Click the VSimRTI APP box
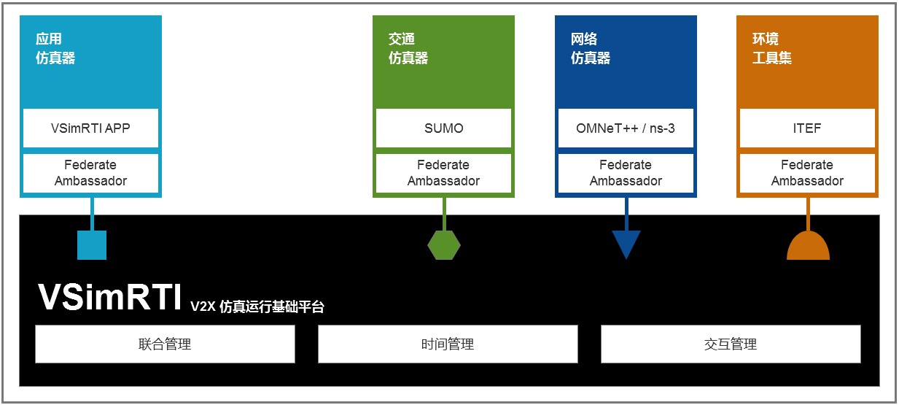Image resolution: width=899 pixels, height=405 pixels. click(90, 128)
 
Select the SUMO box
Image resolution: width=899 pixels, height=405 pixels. click(443, 128)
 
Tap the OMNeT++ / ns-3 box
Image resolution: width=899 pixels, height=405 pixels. click(625, 128)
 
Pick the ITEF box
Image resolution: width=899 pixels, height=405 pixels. click(807, 128)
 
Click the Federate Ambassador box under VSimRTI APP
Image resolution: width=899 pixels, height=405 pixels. click(90, 173)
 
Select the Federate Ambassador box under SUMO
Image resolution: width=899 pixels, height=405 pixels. click(443, 173)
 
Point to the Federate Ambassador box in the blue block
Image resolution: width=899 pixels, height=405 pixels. click(625, 173)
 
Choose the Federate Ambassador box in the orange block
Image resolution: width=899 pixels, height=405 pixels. click(807, 173)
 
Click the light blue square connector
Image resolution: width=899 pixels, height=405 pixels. click(92, 244)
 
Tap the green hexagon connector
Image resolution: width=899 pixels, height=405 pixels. click(443, 244)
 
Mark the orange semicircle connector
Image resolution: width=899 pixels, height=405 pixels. click(808, 247)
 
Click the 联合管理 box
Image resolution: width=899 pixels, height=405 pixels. click(165, 344)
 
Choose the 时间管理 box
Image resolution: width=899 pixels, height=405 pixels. click(448, 344)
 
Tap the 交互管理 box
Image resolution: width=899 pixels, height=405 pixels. click(730, 344)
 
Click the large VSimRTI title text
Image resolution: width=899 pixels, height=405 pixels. click(109, 298)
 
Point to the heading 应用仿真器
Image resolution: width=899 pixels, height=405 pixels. click(55, 48)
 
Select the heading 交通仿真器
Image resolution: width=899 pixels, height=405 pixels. click(408, 48)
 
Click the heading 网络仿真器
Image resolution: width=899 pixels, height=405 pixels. click(590, 48)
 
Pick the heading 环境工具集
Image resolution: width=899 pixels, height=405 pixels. click(772, 48)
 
